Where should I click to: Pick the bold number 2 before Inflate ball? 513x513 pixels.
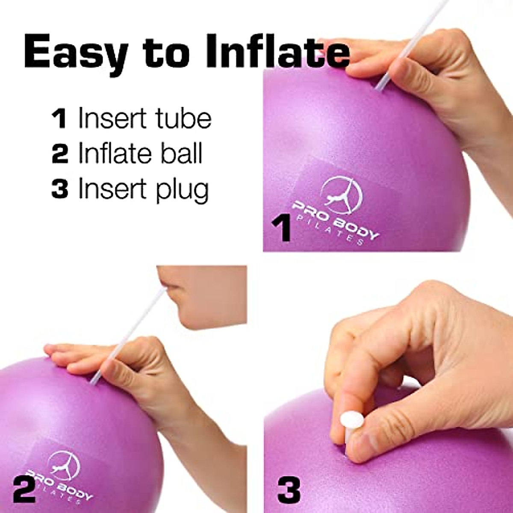click(59, 154)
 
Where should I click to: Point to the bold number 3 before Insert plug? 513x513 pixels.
click(59, 189)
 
